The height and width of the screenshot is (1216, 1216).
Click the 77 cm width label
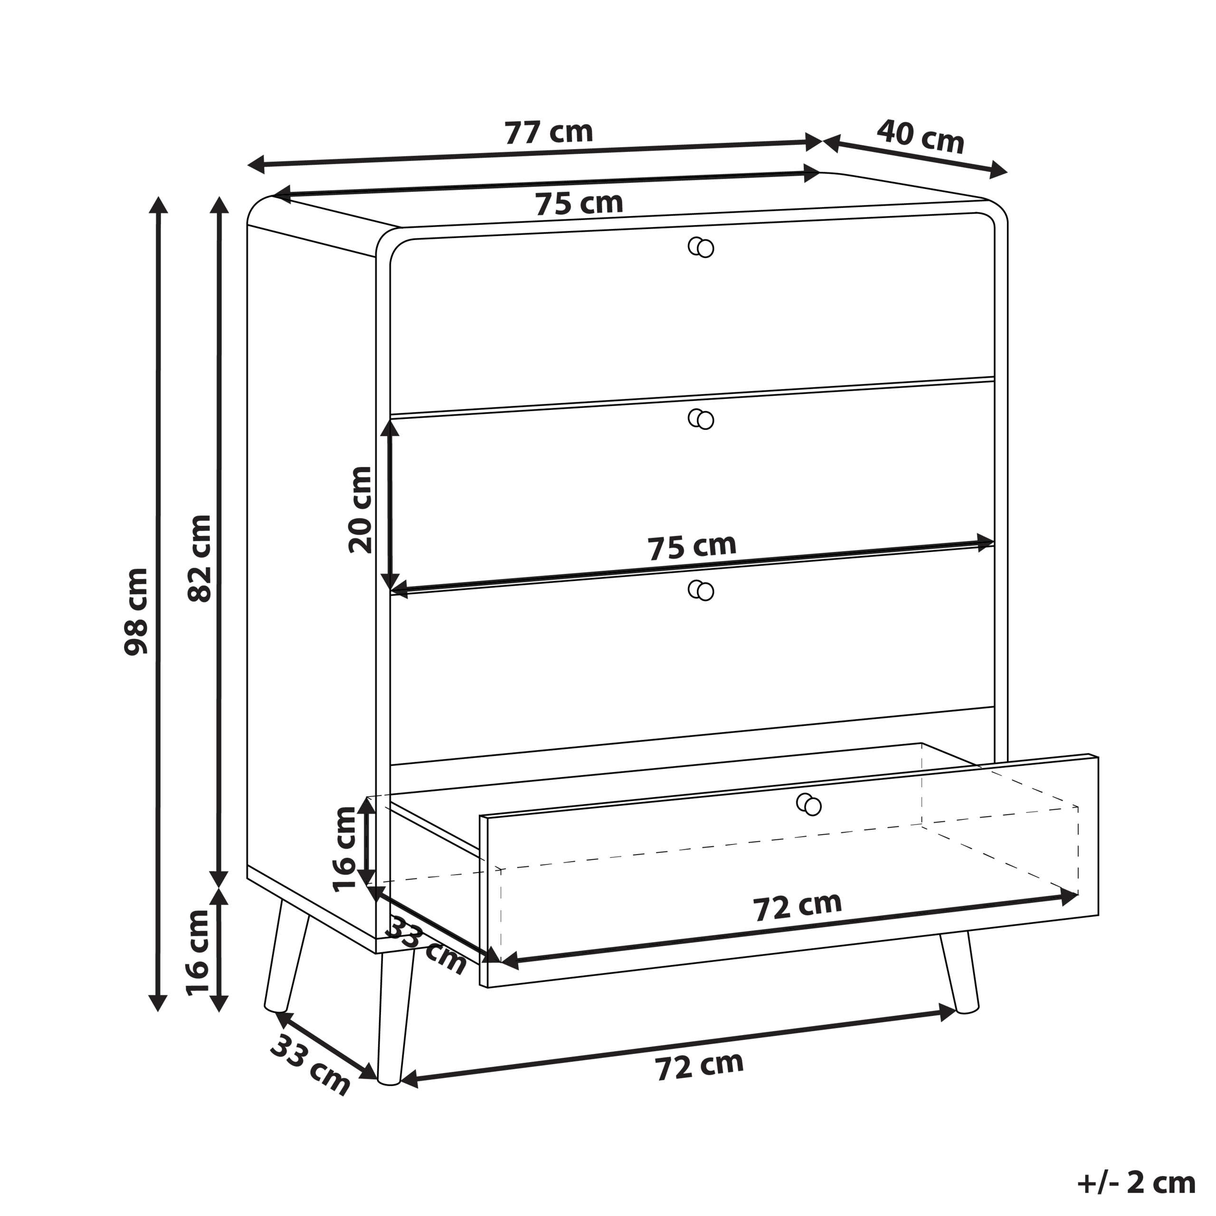click(x=549, y=132)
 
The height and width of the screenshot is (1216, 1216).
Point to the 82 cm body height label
click(x=199, y=558)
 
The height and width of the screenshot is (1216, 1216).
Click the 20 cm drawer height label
click(x=361, y=510)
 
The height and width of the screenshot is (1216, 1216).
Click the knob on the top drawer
click(x=701, y=247)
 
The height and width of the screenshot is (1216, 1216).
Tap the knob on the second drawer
click(x=701, y=418)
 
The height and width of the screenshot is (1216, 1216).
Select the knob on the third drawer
click(x=701, y=590)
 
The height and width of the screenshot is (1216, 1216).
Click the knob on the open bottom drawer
click(x=809, y=804)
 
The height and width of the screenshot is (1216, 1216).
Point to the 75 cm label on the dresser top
click(x=579, y=203)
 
